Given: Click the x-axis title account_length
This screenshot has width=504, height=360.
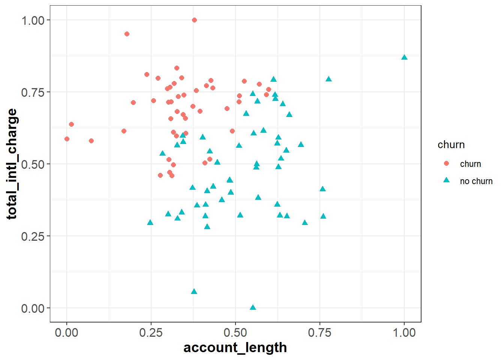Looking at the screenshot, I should pos(235,348).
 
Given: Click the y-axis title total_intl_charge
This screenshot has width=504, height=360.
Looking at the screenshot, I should pos(12,164).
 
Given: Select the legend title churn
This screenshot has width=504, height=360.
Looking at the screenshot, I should pos(451,145).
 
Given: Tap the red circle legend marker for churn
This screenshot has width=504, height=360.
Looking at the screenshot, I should pos(446,163).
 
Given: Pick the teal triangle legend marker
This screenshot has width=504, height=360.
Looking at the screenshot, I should pos(446,180).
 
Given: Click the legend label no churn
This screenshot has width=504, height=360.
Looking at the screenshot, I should pos(476,181).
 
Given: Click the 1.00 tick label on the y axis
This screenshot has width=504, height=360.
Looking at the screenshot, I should pos(33,20).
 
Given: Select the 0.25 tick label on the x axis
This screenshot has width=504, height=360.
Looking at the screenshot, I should pos(151,333).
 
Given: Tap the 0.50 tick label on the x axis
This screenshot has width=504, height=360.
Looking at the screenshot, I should pos(235,333).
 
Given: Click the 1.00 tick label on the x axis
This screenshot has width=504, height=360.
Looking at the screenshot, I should pos(404,333).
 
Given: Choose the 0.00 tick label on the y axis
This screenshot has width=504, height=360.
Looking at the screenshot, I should pos(33,308).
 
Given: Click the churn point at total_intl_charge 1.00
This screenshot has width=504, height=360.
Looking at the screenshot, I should pos(194,20).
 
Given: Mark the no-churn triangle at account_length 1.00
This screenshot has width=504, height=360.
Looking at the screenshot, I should pos(404,57).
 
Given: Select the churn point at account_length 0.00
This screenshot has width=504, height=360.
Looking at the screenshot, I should pos(67,139).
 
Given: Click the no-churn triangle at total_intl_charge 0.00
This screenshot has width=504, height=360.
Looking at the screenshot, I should pos(253,307).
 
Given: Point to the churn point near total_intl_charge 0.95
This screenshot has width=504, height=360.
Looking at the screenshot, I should pos(127,34).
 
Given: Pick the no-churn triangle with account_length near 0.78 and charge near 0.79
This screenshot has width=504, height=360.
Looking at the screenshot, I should pos(328,79).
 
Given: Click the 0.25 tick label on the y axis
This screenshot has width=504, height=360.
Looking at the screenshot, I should pos(33,236).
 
